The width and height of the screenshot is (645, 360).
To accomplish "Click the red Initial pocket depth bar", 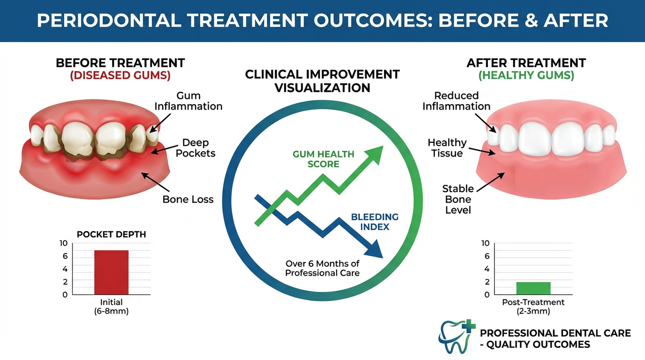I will point(111,272).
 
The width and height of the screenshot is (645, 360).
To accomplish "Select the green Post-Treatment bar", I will point(533,288).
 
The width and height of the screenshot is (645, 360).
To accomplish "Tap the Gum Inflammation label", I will point(188,101).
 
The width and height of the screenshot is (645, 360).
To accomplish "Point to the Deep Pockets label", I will point(195,148).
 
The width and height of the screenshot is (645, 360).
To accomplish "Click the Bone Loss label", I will point(188,200).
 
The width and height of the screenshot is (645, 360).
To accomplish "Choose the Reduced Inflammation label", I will point(456,101).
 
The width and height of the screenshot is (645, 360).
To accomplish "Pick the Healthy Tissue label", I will point(447,148).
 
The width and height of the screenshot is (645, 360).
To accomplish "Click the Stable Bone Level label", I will point(458,199).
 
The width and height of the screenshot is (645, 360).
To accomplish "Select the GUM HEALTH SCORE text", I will point(323,159).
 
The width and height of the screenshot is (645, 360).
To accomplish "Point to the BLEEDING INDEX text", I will point(375,222).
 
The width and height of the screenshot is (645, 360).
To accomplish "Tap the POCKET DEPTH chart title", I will point(111,234).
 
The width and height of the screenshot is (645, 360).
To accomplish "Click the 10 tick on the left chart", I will point(63,243).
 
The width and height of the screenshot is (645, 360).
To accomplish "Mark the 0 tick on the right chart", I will point(487,295).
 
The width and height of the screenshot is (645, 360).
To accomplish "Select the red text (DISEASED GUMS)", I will point(120,75).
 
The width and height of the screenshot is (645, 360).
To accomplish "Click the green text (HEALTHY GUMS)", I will point(526,75).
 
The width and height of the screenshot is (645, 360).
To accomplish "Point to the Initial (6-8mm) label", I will point(111,307).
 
